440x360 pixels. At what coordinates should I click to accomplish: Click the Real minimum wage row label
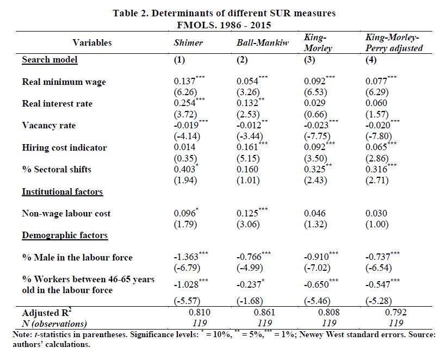coord(64,82)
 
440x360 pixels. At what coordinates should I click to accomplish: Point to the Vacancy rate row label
coord(48,126)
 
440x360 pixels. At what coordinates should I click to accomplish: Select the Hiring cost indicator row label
coord(64,147)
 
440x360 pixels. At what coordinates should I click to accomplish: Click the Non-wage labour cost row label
coord(66,213)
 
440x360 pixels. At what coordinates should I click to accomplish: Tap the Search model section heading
coord(49,59)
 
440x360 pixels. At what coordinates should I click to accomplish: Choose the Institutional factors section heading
coord(62,191)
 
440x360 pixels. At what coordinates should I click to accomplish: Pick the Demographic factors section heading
coord(64,235)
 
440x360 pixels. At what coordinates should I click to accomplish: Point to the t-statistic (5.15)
coord(249,158)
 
